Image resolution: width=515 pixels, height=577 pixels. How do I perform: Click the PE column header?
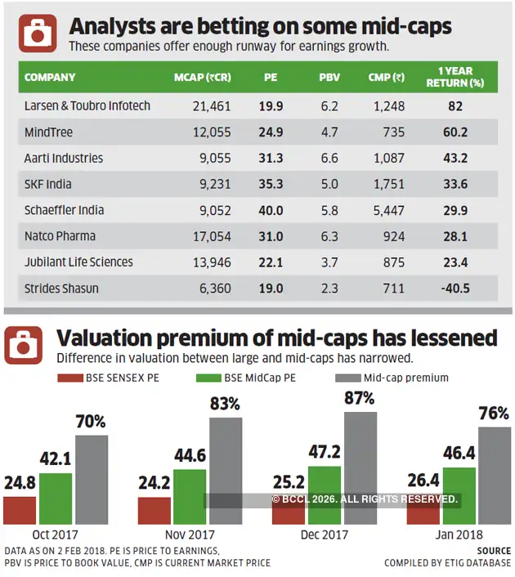pos(271,78)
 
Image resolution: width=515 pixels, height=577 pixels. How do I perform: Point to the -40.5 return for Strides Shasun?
pos(455,288)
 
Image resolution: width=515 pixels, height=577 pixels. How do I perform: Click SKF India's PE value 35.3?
pos(271,184)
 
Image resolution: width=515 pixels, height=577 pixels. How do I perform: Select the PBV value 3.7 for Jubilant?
pos(329,262)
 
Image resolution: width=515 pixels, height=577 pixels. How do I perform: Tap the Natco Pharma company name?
pos(60,236)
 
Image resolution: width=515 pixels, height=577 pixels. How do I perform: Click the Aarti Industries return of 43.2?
pos(455,159)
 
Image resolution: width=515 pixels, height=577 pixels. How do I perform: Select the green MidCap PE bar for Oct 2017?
pos(56,499)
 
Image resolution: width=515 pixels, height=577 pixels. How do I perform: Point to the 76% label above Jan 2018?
pos(494,414)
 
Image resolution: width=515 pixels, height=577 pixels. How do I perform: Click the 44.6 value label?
pos(190,455)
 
